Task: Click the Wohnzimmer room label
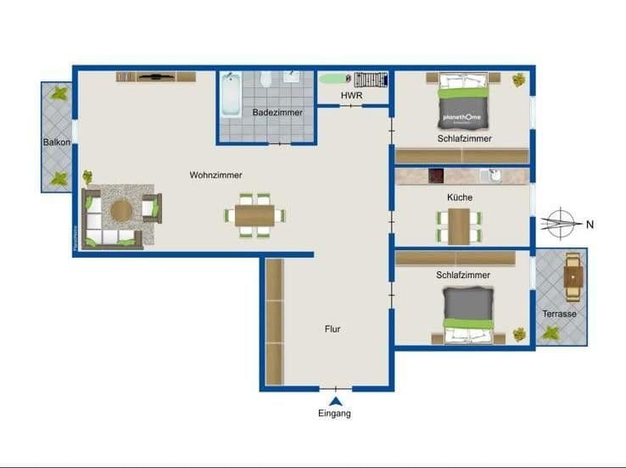click(215, 175)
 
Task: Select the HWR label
click(351, 96)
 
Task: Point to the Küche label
click(460, 198)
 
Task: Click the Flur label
click(333, 328)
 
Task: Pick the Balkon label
click(57, 142)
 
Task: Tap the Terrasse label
click(559, 314)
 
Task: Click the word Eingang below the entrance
click(334, 414)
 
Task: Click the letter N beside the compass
click(590, 225)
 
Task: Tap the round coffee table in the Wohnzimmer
click(121, 209)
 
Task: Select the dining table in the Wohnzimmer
click(254, 214)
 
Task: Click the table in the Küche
click(459, 225)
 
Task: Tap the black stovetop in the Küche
click(437, 175)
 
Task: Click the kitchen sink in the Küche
click(490, 175)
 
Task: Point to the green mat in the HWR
click(332, 79)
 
